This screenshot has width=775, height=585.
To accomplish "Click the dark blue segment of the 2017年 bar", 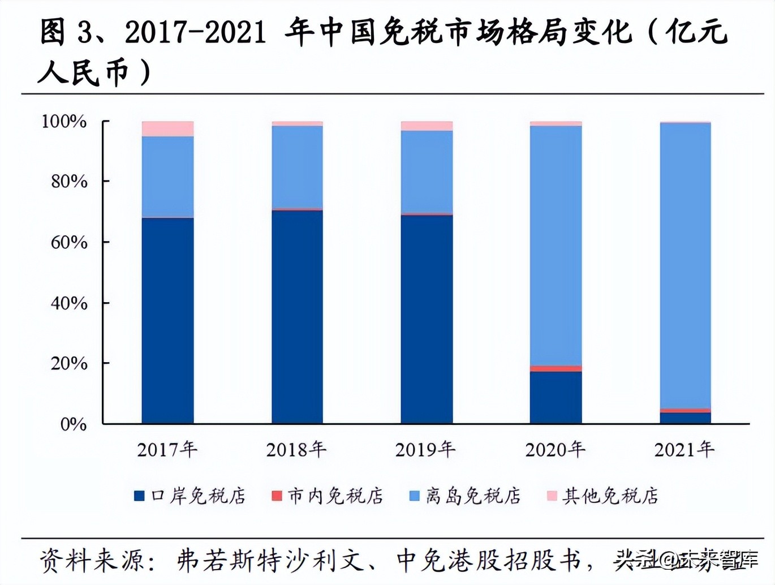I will (x=167, y=320).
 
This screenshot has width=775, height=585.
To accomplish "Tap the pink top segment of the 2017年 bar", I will (x=167, y=128).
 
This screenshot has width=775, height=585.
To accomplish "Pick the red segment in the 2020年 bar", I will (x=556, y=368).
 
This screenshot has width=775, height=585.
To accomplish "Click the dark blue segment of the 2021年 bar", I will (x=685, y=418).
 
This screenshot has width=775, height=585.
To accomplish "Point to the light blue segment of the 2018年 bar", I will (x=297, y=166).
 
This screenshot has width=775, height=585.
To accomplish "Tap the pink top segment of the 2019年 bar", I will (x=427, y=126).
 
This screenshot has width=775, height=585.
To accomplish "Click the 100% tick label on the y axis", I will (x=64, y=121).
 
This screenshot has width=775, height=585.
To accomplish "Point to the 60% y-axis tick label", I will (x=69, y=242).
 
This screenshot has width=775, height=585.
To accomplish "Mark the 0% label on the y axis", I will (x=74, y=424).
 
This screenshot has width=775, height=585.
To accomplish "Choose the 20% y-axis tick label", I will (x=69, y=363).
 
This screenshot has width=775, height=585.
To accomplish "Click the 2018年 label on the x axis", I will (x=296, y=450).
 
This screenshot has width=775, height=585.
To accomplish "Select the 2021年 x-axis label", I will (x=684, y=450).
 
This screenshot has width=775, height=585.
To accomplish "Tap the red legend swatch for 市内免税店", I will (x=277, y=496).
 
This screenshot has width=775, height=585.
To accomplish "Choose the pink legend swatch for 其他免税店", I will (x=552, y=496).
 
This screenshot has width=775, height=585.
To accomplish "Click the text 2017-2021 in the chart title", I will (x=195, y=33).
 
